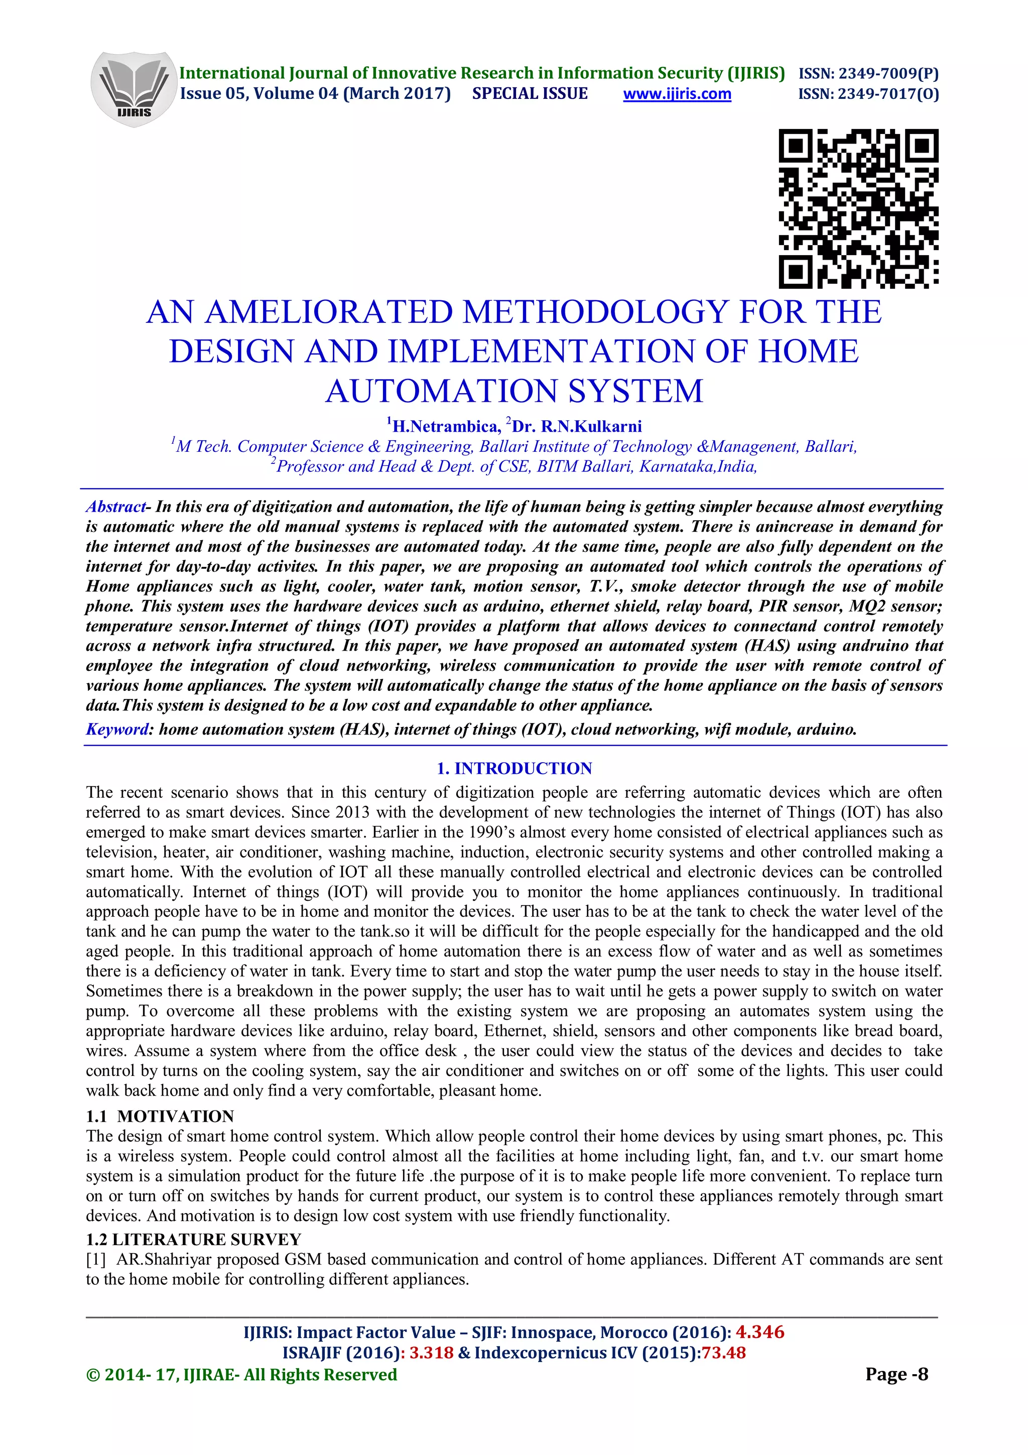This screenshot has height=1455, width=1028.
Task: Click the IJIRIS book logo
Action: click(134, 89)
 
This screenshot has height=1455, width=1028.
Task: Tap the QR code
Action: click(858, 208)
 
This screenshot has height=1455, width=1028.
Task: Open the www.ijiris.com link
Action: click(677, 94)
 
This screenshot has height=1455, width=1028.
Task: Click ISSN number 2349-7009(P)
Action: click(868, 73)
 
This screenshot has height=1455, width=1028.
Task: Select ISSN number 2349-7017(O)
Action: click(868, 94)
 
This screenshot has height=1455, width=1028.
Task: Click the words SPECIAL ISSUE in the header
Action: click(530, 94)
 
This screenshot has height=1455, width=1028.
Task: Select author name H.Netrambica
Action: click(446, 426)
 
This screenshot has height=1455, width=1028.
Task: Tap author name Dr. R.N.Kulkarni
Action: click(576, 426)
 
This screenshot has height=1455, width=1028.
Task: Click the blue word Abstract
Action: click(115, 507)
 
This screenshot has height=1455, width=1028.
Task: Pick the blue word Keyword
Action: click(117, 730)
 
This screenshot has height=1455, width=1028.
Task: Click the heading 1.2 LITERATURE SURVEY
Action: click(194, 1240)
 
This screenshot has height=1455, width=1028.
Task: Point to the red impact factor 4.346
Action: click(759, 1332)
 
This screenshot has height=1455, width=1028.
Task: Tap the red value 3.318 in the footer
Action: click(431, 1353)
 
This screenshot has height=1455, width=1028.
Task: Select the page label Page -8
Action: click(896, 1375)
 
